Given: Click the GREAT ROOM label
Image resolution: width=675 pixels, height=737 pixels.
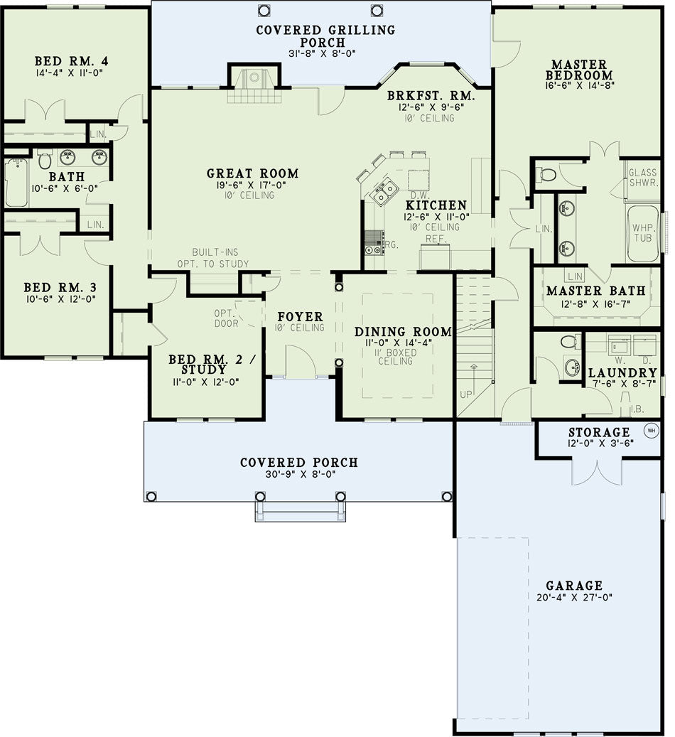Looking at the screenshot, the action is (x=252, y=173).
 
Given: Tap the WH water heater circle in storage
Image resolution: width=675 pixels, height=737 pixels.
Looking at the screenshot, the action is (x=651, y=430).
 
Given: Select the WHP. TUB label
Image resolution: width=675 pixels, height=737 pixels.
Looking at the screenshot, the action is (x=642, y=232).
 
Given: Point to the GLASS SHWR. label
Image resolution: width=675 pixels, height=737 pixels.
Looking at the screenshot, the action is (x=643, y=178).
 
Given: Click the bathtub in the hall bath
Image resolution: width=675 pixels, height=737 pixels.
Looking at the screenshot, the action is (x=16, y=182).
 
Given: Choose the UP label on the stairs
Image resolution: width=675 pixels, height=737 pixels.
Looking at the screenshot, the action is (x=466, y=394).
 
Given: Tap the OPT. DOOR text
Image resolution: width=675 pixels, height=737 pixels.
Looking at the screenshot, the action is (x=226, y=318).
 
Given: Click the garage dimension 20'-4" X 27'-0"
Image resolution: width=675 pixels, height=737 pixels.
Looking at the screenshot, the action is (x=574, y=598).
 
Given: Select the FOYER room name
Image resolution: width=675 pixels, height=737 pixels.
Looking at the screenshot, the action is (x=300, y=316).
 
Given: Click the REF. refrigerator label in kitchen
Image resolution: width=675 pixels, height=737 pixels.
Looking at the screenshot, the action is (x=436, y=239).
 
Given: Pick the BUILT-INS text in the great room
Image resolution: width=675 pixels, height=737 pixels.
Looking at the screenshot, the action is (x=215, y=252).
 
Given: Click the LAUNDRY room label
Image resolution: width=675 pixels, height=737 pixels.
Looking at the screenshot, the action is (x=622, y=372).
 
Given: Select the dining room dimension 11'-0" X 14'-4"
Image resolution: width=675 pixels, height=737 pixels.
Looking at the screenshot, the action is (x=399, y=343).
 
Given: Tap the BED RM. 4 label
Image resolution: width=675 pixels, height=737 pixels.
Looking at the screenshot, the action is (x=72, y=61).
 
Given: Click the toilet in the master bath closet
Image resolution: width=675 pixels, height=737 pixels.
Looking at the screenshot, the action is (x=546, y=175).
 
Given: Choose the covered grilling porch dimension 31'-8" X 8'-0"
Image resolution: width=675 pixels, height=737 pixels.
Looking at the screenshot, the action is (x=322, y=53).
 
